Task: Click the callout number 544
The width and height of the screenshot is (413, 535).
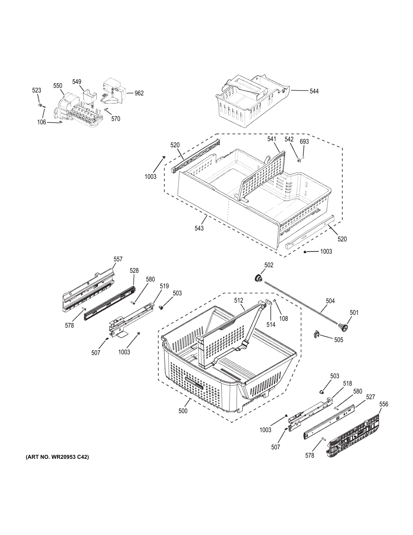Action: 314,91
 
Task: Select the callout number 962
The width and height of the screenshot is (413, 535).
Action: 139,93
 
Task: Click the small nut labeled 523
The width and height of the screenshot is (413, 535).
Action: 40,105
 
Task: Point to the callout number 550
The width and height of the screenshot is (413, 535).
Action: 58,86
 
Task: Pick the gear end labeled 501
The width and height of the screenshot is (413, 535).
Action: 343,326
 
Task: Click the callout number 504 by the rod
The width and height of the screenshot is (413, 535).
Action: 330,301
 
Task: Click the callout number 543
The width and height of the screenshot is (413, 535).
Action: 199,228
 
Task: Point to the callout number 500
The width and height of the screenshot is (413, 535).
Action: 183,411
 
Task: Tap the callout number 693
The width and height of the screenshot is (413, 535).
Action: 304,142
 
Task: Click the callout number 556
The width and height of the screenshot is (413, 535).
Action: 383,404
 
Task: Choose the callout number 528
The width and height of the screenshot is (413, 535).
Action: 134,270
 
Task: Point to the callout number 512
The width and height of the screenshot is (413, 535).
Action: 239,300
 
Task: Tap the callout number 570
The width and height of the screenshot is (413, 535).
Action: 115,119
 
